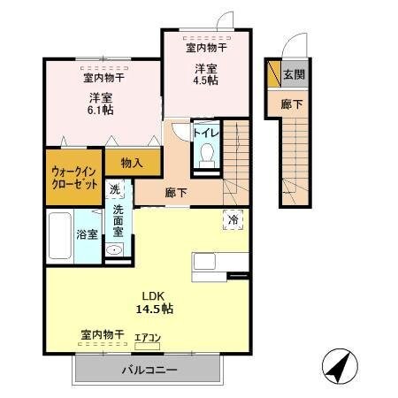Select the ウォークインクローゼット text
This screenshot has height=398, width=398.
73,180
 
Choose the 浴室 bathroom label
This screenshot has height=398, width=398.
87,235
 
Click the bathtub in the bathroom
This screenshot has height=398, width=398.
59,234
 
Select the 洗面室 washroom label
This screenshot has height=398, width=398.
118,222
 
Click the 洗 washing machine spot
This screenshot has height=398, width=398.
115,189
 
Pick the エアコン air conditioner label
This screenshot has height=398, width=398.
148,336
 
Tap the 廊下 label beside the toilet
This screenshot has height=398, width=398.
176,191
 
